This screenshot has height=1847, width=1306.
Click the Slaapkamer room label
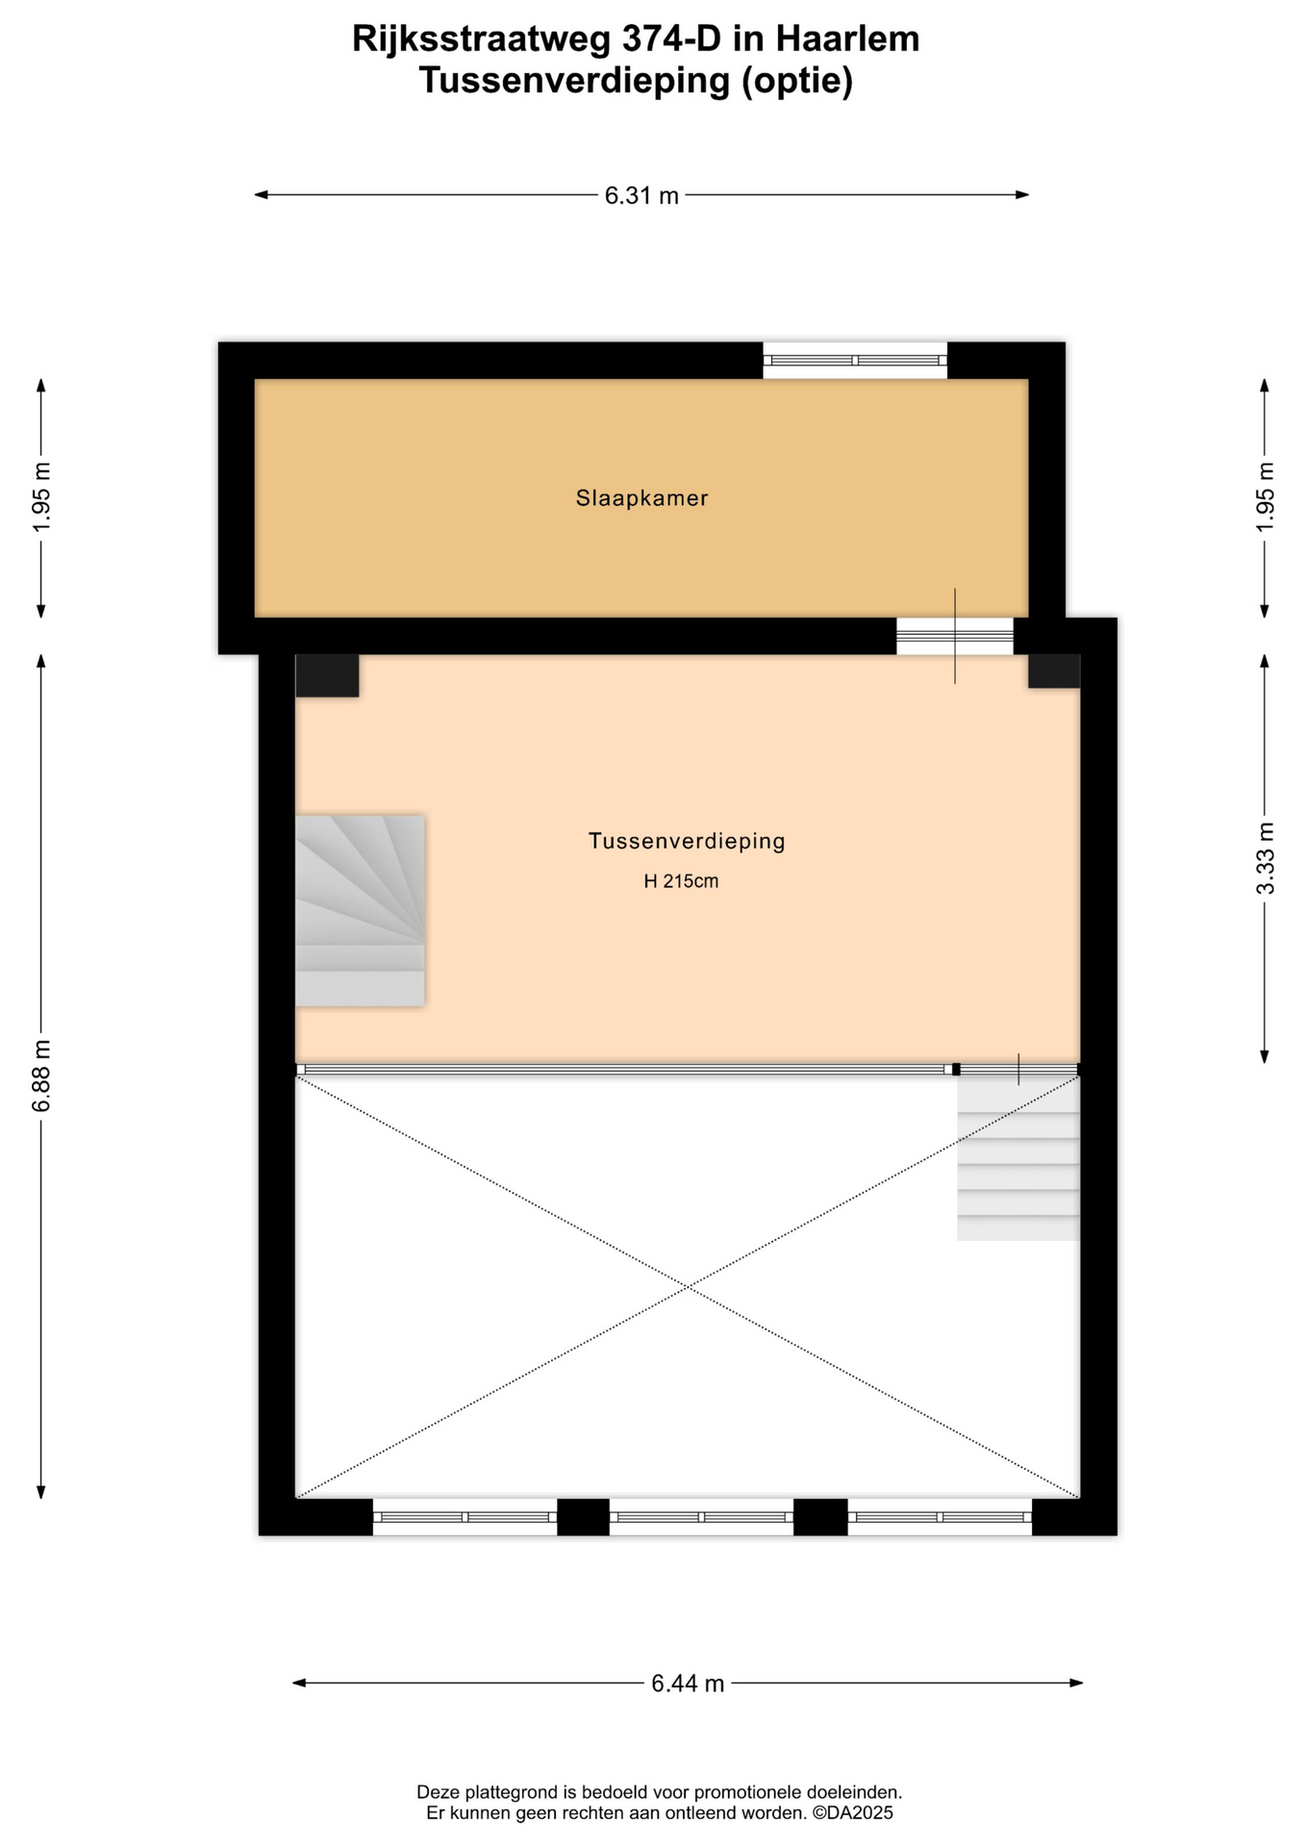click(641, 498)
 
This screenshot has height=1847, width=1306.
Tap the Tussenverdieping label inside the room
click(687, 842)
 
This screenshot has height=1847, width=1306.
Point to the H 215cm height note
click(681, 881)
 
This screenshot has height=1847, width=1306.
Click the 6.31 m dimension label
click(641, 196)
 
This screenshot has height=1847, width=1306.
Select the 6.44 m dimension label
click(688, 1683)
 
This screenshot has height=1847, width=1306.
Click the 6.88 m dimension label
click(41, 1075)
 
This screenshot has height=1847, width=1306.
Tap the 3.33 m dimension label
click(1266, 859)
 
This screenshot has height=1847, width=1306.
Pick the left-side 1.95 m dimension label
click(41, 497)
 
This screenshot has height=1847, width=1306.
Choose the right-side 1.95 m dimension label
click(1266, 496)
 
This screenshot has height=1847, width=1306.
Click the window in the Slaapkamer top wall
click(855, 361)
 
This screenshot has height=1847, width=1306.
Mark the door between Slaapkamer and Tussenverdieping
click(955, 636)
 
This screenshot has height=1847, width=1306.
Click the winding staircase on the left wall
click(360, 911)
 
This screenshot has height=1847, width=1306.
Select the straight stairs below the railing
click(1018, 1158)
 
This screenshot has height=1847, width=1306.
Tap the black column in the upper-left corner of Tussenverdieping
click(327, 675)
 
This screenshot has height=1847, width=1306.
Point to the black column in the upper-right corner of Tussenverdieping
click(1054, 671)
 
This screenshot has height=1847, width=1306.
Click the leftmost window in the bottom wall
click(465, 1517)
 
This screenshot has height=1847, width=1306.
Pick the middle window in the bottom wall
click(701, 1517)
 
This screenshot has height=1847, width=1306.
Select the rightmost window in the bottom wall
click(940, 1517)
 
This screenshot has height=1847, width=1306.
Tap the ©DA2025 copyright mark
click(853, 1813)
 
